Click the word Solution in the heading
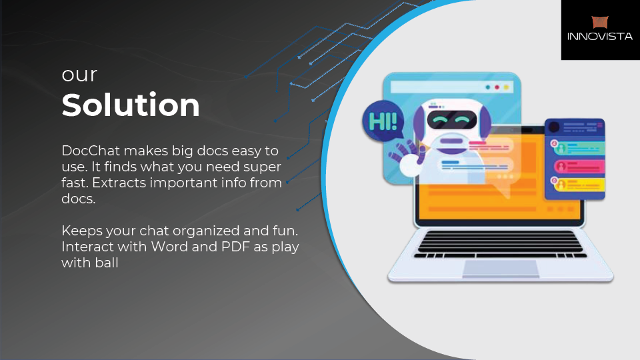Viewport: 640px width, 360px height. tap(131, 105)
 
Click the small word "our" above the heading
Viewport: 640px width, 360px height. tap(79, 75)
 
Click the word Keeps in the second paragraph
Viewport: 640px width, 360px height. tap(82, 231)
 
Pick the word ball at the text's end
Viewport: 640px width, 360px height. tap(107, 263)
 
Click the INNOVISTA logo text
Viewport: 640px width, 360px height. tap(599, 36)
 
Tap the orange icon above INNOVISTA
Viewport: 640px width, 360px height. tap(600, 22)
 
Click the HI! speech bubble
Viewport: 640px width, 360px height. tap(383, 121)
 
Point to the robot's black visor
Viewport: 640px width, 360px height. tap(452, 119)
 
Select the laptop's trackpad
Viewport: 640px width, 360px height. tap(501, 269)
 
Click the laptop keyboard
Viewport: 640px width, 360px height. tap(500, 244)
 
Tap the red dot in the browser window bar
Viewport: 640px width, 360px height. tap(497, 87)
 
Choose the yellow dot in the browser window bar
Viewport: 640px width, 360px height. tap(506, 87)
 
